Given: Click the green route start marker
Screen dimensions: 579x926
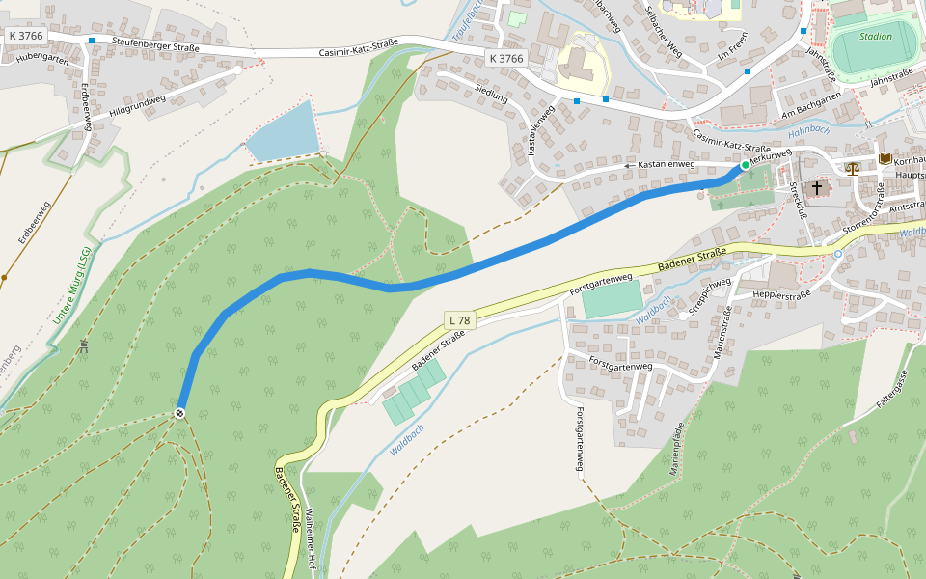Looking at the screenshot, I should [x=745, y=166].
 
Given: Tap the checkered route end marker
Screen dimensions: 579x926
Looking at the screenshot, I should [x=179, y=413].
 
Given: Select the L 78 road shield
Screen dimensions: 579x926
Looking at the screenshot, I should [x=460, y=319].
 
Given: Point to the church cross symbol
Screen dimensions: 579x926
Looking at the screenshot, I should [x=818, y=187].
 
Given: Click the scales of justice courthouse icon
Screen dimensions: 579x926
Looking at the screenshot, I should [x=852, y=167].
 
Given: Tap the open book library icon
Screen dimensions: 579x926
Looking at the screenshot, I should [x=885, y=158].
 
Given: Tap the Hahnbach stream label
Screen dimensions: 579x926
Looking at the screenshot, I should [x=808, y=129].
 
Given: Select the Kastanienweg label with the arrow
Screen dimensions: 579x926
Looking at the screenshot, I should [x=661, y=166].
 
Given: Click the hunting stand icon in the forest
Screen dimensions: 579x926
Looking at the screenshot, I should [x=85, y=345].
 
